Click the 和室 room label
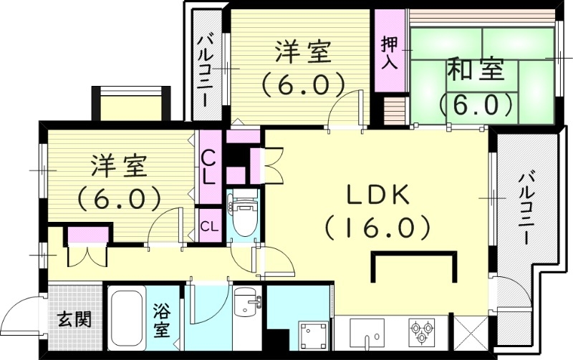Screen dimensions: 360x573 click(x=476, y=70)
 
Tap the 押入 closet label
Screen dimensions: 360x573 click(x=389, y=52)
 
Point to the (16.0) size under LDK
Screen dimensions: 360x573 click(x=377, y=228)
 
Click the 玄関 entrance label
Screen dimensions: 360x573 click(x=74, y=319)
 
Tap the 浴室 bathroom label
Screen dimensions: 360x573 click(x=161, y=321)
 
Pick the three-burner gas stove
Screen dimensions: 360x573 click(x=421, y=331)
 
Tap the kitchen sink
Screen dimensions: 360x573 click(x=368, y=332)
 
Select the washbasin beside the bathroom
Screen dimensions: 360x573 click(x=248, y=305)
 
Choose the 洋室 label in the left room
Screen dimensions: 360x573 click(x=119, y=166)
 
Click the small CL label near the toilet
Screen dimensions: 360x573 click(x=209, y=227)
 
